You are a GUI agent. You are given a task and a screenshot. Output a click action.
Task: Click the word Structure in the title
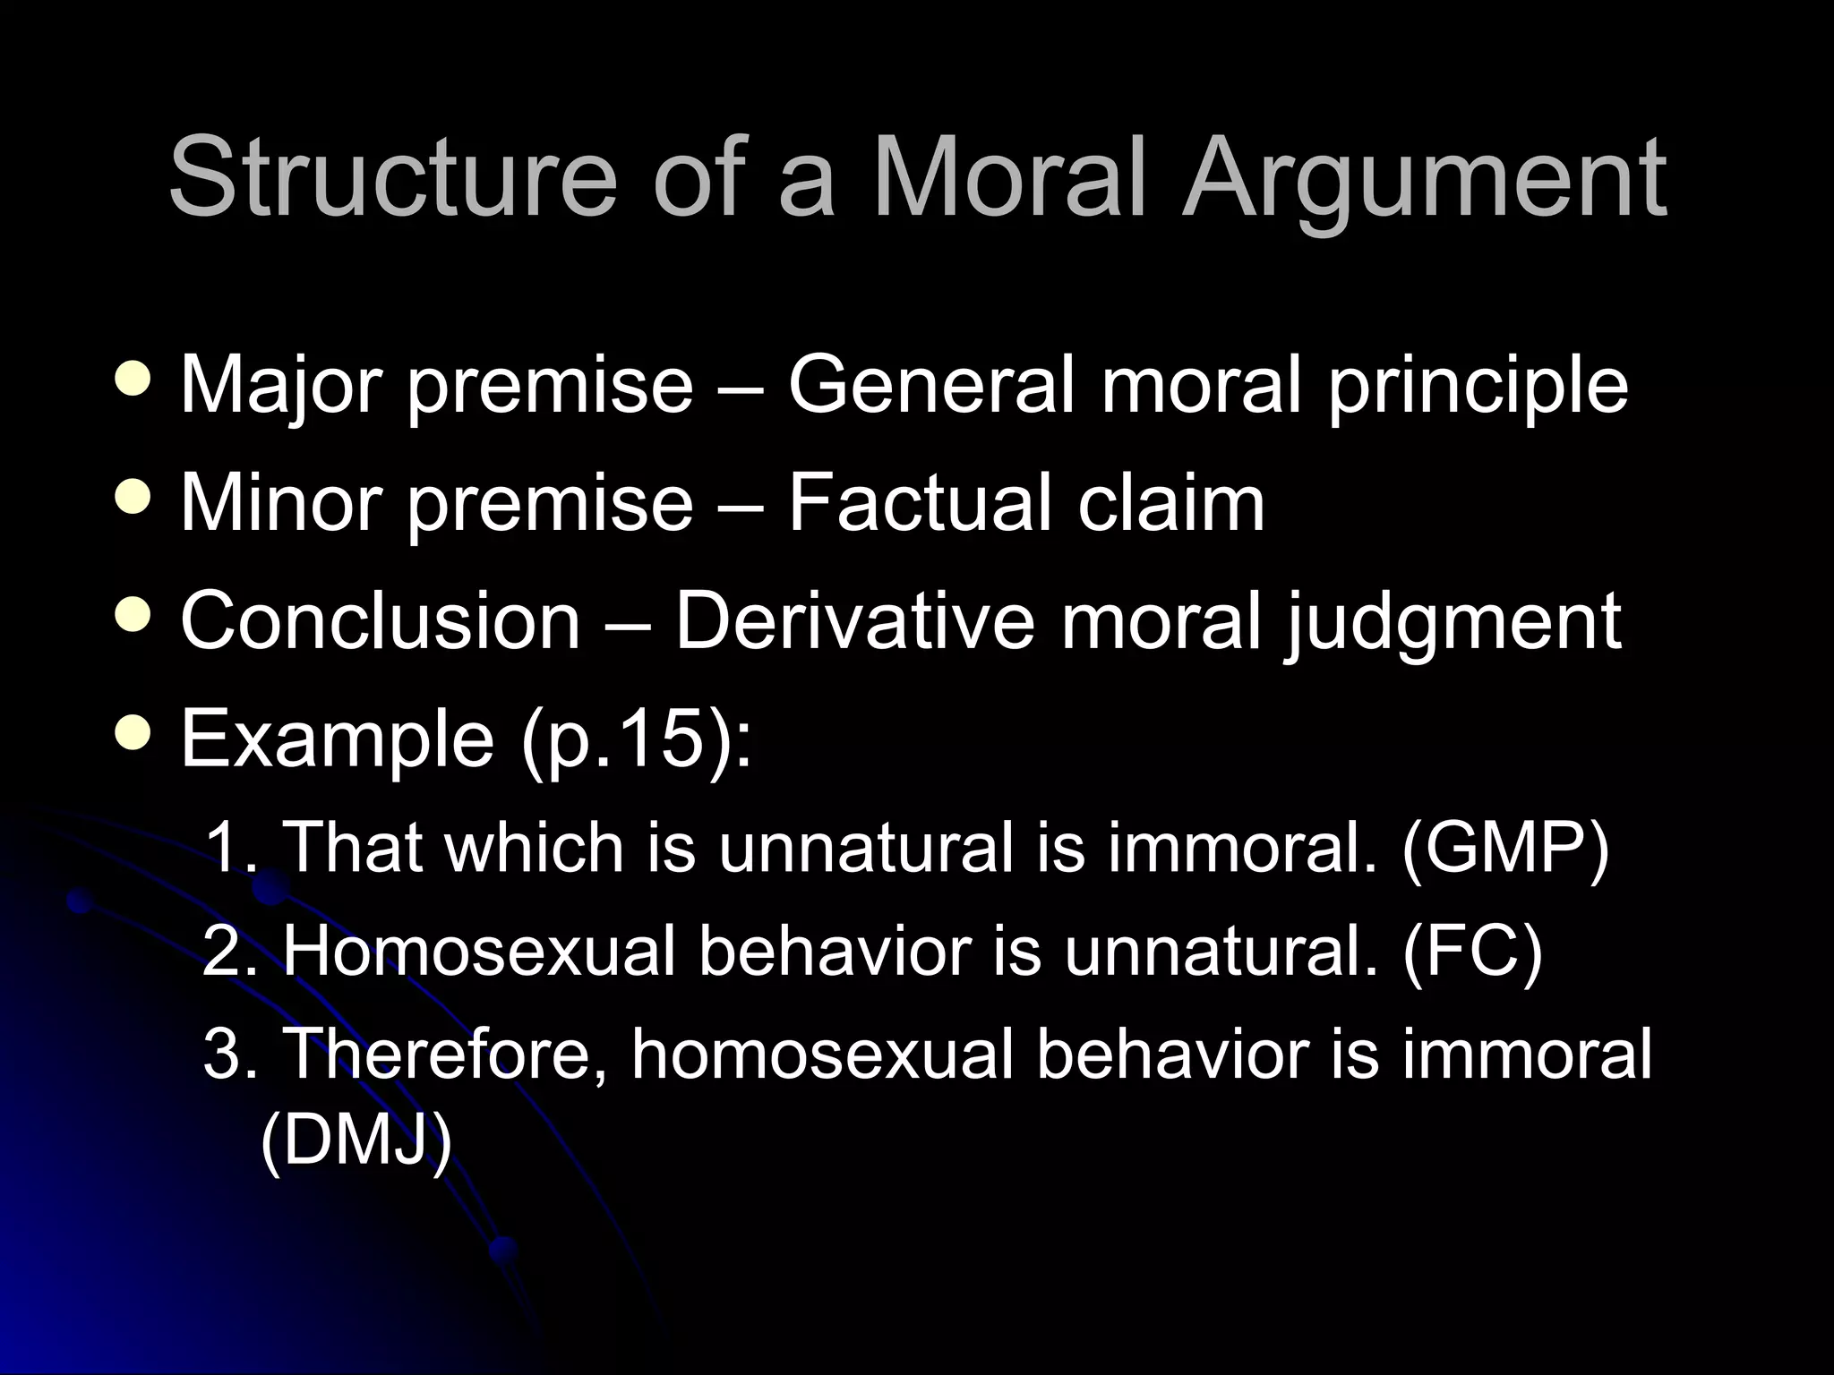tap(392, 176)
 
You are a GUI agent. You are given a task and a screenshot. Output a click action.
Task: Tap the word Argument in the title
tap(1424, 176)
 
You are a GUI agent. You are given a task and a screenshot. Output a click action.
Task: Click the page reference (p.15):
tap(636, 739)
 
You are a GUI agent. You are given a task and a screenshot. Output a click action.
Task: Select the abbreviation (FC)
tap(1473, 951)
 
